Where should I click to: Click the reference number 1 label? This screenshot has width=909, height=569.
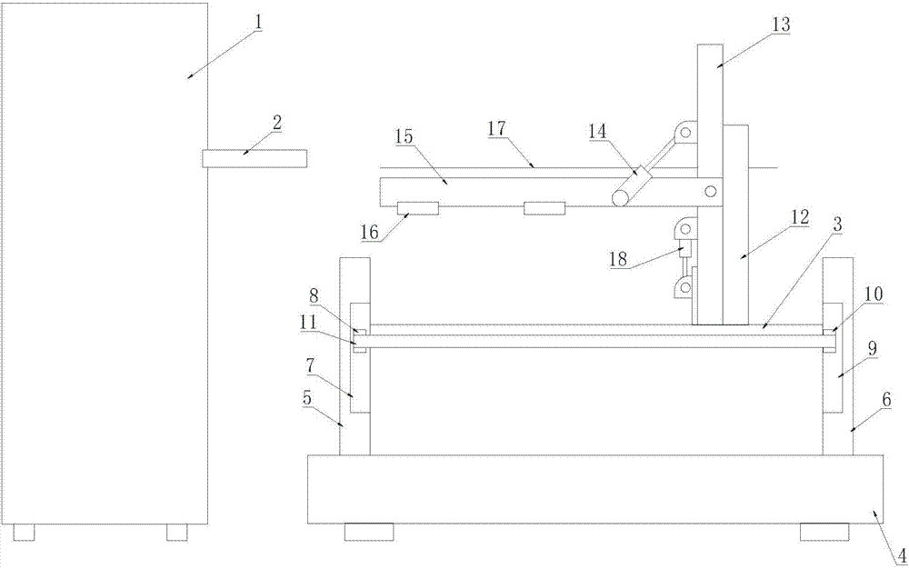(x=258, y=23)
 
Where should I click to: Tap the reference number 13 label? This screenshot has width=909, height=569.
(x=780, y=25)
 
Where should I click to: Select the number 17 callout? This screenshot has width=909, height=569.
(x=497, y=129)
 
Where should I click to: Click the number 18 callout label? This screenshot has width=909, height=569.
(x=618, y=259)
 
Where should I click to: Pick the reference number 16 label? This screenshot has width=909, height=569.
(x=369, y=233)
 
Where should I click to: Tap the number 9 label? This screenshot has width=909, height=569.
(x=872, y=349)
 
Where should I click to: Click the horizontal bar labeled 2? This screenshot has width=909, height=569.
(x=255, y=159)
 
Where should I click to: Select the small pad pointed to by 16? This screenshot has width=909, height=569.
(x=417, y=208)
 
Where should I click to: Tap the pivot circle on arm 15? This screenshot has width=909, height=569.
(x=710, y=191)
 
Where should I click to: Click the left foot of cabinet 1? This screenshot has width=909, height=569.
(x=24, y=533)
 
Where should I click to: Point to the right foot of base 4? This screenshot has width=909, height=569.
(x=824, y=532)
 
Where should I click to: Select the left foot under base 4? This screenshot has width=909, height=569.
(x=369, y=532)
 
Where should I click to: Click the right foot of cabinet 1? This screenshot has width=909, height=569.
(x=177, y=533)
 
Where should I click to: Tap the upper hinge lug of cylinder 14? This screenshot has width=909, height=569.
(x=684, y=132)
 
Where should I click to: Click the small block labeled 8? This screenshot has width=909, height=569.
(x=359, y=332)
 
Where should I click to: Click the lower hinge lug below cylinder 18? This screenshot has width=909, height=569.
(x=684, y=287)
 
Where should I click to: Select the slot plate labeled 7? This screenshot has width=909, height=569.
(x=360, y=357)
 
